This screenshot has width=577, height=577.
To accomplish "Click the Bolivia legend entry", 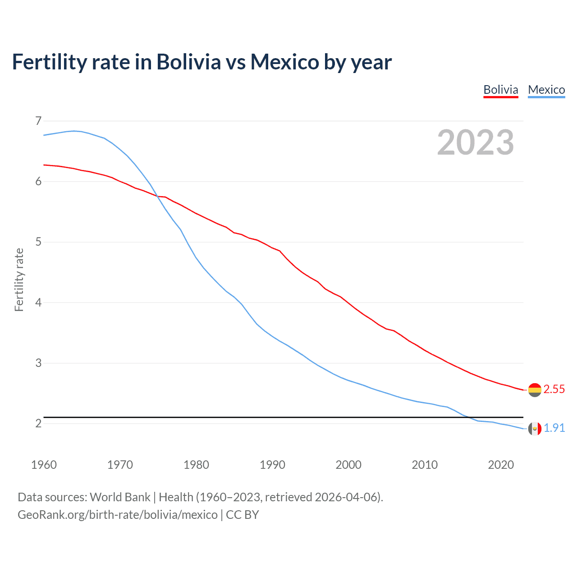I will click(500, 90).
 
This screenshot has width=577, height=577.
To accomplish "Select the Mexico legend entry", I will click(546, 90).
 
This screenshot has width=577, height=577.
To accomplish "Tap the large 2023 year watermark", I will click(476, 142).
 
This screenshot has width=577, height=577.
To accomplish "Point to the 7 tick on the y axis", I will click(38, 121).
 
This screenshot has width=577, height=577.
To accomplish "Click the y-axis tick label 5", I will click(38, 242).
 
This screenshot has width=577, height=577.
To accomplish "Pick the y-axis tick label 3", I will click(38, 363).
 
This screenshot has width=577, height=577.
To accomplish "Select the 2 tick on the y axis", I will click(38, 423).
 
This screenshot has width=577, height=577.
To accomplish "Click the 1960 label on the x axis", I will click(44, 465).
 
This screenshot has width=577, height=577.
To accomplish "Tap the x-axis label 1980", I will click(196, 465).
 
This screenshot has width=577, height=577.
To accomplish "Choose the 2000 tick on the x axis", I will click(348, 465).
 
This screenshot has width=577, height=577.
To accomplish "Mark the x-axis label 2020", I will click(501, 465).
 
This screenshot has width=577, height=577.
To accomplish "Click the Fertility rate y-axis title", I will click(19, 279).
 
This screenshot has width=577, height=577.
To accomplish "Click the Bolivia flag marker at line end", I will click(535, 390).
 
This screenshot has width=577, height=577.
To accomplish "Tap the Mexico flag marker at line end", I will click(535, 429).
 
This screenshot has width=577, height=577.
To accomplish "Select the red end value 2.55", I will click(554, 389).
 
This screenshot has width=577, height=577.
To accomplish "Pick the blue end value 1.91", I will click(554, 428).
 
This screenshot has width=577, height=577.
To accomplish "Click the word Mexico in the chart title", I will click(285, 62).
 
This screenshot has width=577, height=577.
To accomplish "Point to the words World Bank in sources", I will click(120, 497).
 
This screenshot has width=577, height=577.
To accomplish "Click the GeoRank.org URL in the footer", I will click(117, 515).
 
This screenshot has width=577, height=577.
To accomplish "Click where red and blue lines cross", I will click(157, 196).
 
